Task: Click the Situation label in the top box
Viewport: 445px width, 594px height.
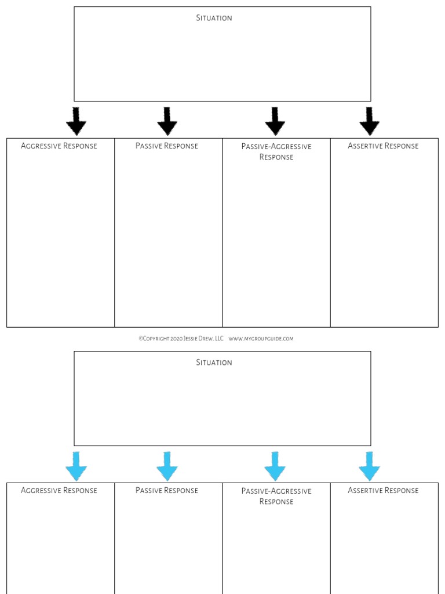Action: tap(214, 18)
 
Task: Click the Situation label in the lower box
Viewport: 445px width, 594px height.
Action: tap(214, 363)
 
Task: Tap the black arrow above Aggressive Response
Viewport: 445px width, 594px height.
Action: tap(76, 121)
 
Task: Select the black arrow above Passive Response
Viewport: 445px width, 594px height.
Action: tap(167, 121)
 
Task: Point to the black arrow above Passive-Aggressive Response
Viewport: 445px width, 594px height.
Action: tap(275, 121)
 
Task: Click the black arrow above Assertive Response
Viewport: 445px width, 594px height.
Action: tap(369, 121)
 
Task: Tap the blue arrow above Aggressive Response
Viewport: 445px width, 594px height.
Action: tap(76, 466)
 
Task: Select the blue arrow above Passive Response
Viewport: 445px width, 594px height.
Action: tap(167, 466)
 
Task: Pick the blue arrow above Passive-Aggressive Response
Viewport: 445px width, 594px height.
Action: tap(275, 466)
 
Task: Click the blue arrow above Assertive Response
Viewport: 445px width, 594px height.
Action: tap(369, 466)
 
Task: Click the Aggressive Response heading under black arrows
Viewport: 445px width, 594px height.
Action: tap(59, 146)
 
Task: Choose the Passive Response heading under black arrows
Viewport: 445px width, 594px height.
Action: tap(167, 146)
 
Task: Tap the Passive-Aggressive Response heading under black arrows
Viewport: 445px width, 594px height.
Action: tap(276, 152)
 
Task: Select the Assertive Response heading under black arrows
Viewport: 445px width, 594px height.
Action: tap(383, 146)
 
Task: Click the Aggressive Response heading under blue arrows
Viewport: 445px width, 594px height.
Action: tap(59, 491)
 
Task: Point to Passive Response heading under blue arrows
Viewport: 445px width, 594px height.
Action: tap(167, 491)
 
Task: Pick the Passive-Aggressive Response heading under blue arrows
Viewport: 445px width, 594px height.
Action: tap(276, 496)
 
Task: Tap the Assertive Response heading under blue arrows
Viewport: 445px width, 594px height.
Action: tap(383, 491)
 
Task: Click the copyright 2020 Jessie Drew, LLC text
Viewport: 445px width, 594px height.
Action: tap(181, 339)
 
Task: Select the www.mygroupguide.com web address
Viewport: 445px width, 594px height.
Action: tap(261, 339)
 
